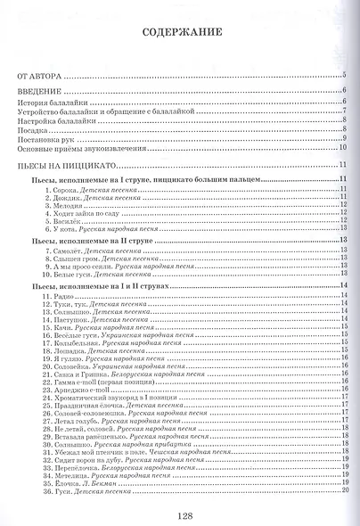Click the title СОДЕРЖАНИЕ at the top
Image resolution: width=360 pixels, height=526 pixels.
pyautogui.click(x=180, y=37)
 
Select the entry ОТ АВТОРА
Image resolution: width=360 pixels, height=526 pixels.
pyautogui.click(x=38, y=77)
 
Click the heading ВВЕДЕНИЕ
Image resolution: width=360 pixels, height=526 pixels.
pyautogui.click(x=38, y=91)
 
